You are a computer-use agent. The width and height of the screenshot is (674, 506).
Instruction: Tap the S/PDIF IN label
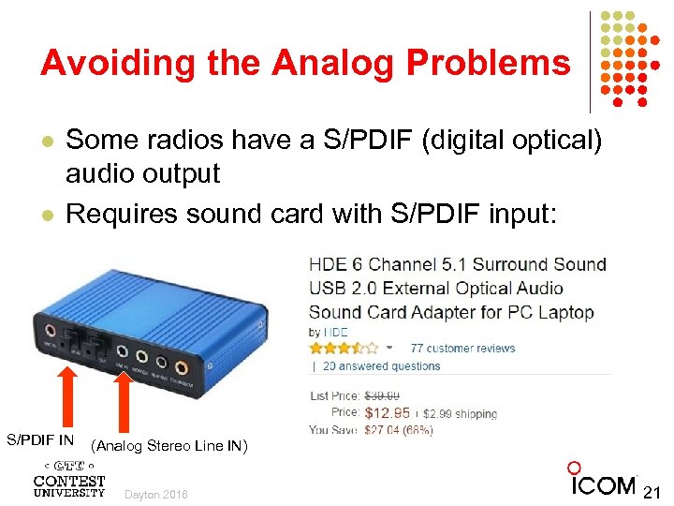point(40,439)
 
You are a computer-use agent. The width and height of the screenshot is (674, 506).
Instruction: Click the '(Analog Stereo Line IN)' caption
point(169,446)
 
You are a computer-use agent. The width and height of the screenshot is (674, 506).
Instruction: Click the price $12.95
point(387,412)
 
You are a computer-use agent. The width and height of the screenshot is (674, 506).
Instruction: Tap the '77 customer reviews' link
point(462,349)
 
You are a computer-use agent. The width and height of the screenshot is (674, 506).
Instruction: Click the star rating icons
point(344,348)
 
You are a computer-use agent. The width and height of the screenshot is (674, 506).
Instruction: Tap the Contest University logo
point(69,479)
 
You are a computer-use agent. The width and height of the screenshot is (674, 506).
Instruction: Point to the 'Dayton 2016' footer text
point(155,494)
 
